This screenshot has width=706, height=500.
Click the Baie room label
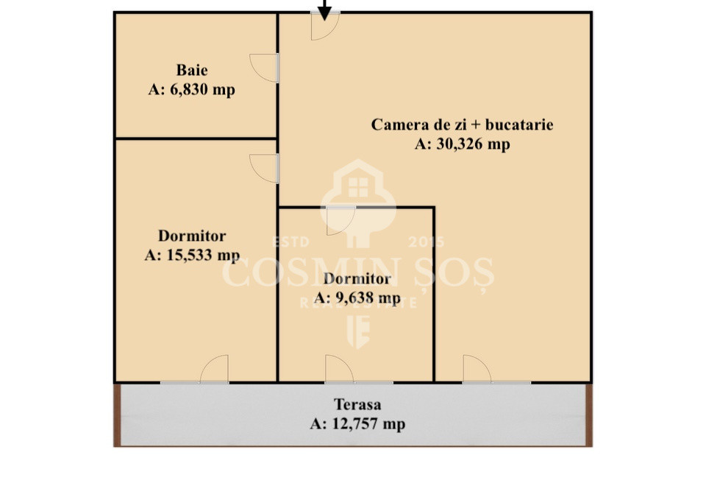[x=191, y=71]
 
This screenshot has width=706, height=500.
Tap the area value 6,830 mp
[x=191, y=90]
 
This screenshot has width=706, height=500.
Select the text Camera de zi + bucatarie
[x=462, y=124]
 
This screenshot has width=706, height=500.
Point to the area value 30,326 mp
[x=462, y=144]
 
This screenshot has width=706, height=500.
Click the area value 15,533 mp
[x=192, y=256]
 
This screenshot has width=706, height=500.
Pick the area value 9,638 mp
[x=357, y=298]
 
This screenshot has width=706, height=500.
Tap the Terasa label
[x=357, y=404]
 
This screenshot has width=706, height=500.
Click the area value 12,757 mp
[x=357, y=424]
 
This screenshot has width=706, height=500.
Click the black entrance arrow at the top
[x=324, y=9]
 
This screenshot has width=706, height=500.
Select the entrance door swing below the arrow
[x=324, y=26]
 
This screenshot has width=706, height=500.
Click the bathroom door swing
[x=265, y=68]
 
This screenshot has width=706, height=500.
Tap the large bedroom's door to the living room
[x=265, y=168]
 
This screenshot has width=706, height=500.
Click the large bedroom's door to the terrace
[x=215, y=370]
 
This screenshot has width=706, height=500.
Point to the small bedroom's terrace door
[x=339, y=370]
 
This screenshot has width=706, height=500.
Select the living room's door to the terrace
[x=477, y=370]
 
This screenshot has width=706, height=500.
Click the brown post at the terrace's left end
[x=117, y=415]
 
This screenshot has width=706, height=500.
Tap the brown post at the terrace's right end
[x=588, y=415]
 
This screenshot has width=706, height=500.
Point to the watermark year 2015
[x=427, y=242]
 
